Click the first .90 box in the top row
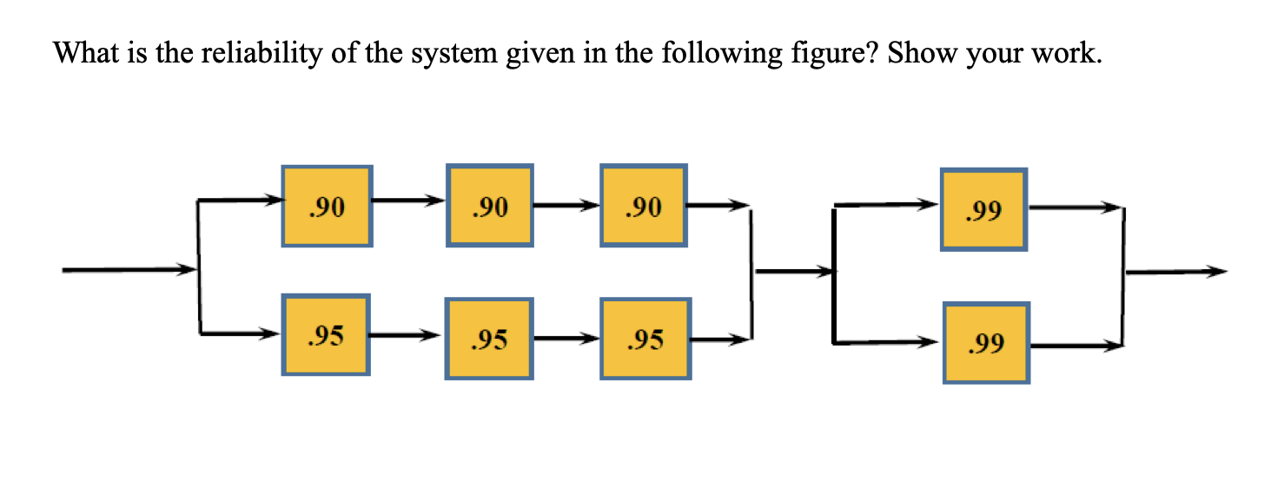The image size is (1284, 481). pyautogui.click(x=327, y=206)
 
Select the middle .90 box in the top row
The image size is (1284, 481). pyautogui.click(x=489, y=206)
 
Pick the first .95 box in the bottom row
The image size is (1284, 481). pyautogui.click(x=327, y=334)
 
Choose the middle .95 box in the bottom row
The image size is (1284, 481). pyautogui.click(x=489, y=339)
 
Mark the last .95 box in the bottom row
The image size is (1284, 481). pyautogui.click(x=645, y=339)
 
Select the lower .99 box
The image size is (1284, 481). pyautogui.click(x=987, y=343)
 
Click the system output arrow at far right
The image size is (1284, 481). pyautogui.click(x=1176, y=272)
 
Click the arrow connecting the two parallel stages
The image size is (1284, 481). pyautogui.click(x=792, y=272)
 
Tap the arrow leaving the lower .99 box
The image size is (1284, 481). pyautogui.click(x=1076, y=346)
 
